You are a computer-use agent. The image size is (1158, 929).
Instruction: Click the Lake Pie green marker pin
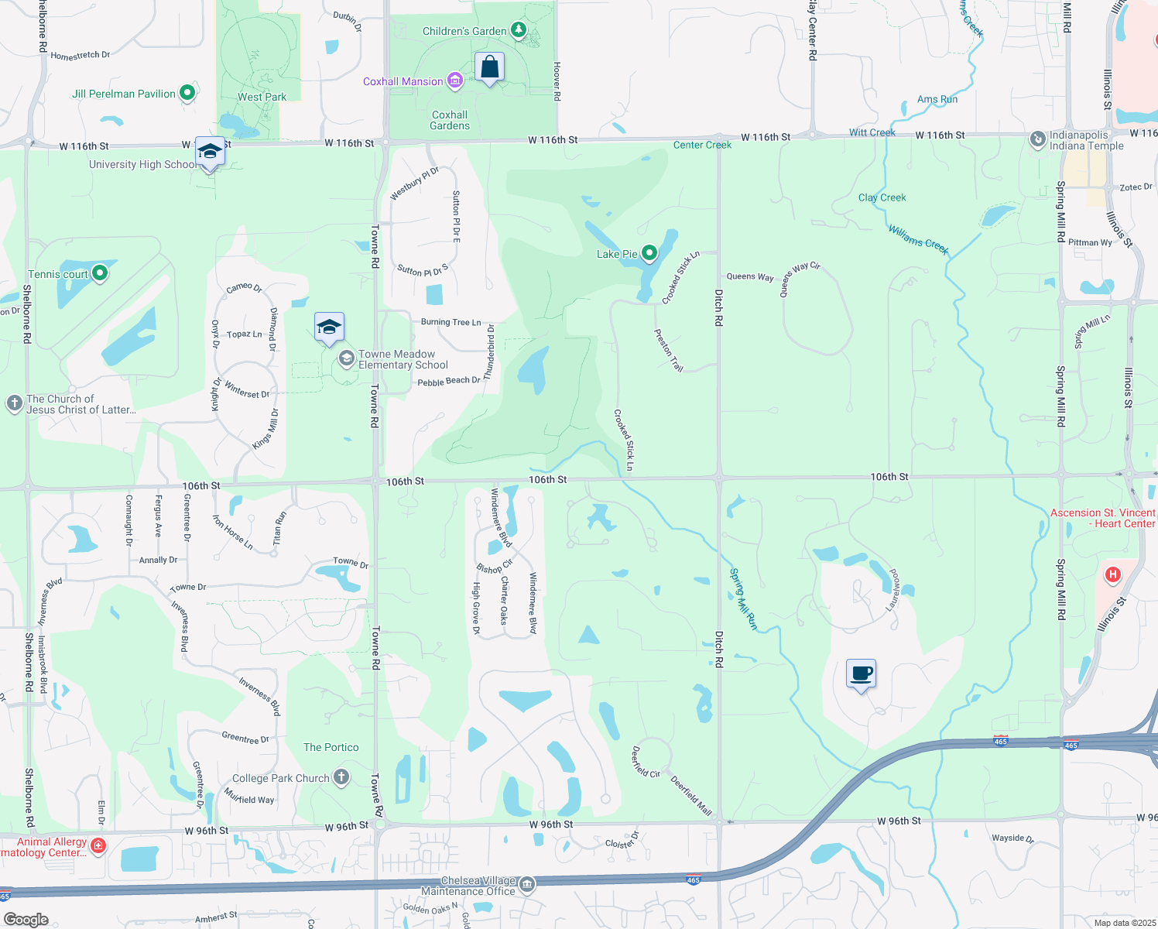[649, 253]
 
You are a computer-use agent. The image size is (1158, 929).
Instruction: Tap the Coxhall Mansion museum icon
[455, 81]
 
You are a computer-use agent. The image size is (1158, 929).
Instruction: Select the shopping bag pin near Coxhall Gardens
[490, 68]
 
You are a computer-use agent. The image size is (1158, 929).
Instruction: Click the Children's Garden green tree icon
[518, 31]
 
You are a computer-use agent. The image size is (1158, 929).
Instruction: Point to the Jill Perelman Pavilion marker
[187, 94]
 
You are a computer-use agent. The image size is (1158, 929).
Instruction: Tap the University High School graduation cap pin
[210, 152]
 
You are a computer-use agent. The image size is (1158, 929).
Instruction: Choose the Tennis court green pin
[99, 273]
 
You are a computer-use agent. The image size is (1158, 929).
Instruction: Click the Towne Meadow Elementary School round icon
[346, 359]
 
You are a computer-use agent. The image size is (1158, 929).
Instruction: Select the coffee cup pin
[861, 674]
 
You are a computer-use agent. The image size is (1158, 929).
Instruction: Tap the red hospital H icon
[1112, 574]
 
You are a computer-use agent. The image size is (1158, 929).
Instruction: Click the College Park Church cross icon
[341, 777]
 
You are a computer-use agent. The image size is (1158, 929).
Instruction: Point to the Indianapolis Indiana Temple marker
[1037, 139]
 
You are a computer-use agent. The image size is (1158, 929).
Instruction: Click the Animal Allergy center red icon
[98, 845]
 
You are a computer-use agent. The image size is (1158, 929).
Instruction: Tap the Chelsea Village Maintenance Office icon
[526, 884]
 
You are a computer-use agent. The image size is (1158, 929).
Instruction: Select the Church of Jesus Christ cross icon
[14, 403]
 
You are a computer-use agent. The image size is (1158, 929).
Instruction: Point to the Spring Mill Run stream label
[743, 598]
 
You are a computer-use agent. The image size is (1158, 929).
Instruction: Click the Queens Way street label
[749, 276]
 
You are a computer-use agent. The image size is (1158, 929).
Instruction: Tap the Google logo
[26, 919]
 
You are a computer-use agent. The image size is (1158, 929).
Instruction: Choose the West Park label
[262, 97]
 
